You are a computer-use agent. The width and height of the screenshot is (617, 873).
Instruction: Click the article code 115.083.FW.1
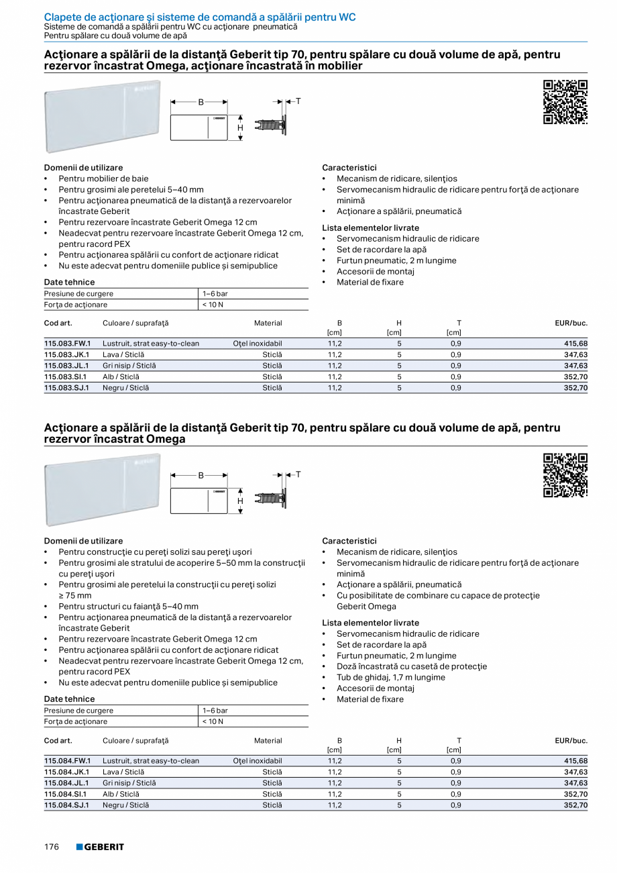(x=67, y=344)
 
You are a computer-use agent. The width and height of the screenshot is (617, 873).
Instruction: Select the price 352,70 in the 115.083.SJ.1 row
(x=575, y=388)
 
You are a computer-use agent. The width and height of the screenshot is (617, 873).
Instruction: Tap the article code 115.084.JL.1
(x=67, y=782)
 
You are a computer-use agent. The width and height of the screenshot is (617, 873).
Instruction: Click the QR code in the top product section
(x=565, y=102)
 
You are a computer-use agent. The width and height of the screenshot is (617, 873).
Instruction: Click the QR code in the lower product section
(x=565, y=475)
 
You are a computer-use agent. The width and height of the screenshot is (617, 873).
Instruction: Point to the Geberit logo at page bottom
(x=100, y=847)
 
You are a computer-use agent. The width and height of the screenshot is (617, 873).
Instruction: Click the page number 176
(x=52, y=847)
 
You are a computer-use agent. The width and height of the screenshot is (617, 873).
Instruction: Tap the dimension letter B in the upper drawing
(x=200, y=103)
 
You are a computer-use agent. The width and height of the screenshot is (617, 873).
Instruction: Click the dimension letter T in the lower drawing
(x=298, y=474)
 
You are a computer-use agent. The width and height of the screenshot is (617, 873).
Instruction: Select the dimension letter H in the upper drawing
(x=240, y=127)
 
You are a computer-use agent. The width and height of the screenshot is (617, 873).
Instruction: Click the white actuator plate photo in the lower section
(x=103, y=489)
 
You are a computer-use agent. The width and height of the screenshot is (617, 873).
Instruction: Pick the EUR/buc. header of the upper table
(x=571, y=323)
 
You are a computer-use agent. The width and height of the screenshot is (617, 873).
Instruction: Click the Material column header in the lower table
(x=268, y=741)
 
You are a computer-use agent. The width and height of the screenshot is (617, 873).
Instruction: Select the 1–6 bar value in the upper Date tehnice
(x=215, y=294)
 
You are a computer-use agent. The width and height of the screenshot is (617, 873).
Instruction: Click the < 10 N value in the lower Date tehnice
(x=213, y=721)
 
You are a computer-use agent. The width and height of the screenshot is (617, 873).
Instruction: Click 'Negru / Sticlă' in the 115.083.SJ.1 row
(x=125, y=388)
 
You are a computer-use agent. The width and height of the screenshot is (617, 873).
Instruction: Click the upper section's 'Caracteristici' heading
(x=349, y=168)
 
